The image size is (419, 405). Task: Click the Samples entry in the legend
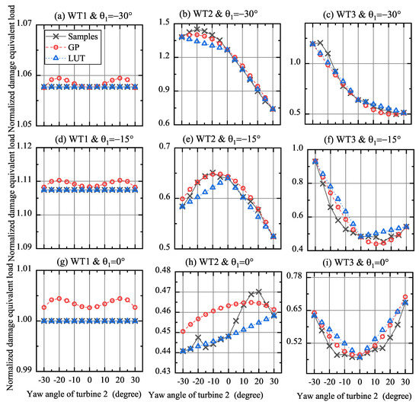tap(72, 36)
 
